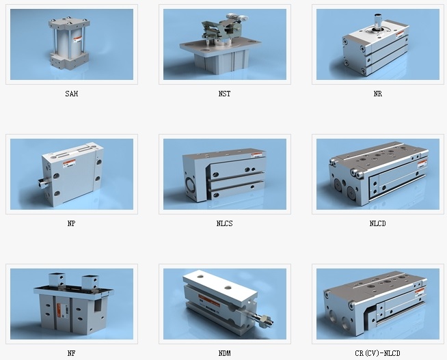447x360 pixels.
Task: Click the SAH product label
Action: pyautogui.click(x=72, y=94)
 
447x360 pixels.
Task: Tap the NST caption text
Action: pyautogui.click(x=225, y=94)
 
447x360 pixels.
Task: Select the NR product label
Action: pyautogui.click(x=378, y=94)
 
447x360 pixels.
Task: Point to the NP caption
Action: pyautogui.click(x=72, y=223)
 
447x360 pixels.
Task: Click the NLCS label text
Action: pyautogui.click(x=225, y=223)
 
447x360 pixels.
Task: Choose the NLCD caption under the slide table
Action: pyautogui.click(x=378, y=223)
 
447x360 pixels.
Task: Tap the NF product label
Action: pyautogui.click(x=72, y=353)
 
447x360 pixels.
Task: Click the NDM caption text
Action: pyautogui.click(x=225, y=353)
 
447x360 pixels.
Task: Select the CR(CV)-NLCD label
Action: pyautogui.click(x=378, y=353)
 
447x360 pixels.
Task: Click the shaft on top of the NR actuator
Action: pyautogui.click(x=378, y=21)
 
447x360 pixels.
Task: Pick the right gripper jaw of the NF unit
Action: pyautogui.click(x=91, y=282)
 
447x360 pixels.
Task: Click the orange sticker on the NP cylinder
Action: pyautogui.click(x=69, y=163)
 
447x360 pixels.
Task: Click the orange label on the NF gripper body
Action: pyautogui.click(x=59, y=311)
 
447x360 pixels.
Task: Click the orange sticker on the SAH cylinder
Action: pyautogui.click(x=78, y=40)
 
